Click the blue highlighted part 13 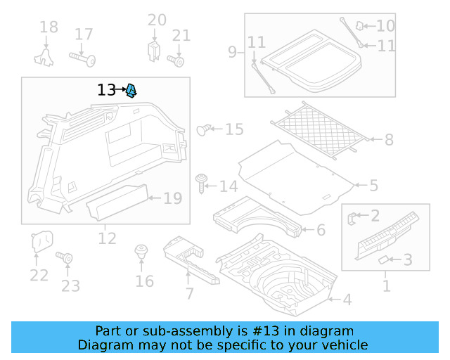pyautogui.click(x=132, y=90)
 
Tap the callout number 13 pyautogui.click(x=107, y=90)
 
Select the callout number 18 pyautogui.click(x=49, y=27)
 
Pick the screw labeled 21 pyautogui.click(x=178, y=60)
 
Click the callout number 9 pyautogui.click(x=232, y=51)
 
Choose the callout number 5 pyautogui.click(x=373, y=186)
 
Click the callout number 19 pyautogui.click(x=172, y=198)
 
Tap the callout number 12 pyautogui.click(x=107, y=239)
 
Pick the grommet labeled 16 pyautogui.click(x=141, y=252)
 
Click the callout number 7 pyautogui.click(x=189, y=293)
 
